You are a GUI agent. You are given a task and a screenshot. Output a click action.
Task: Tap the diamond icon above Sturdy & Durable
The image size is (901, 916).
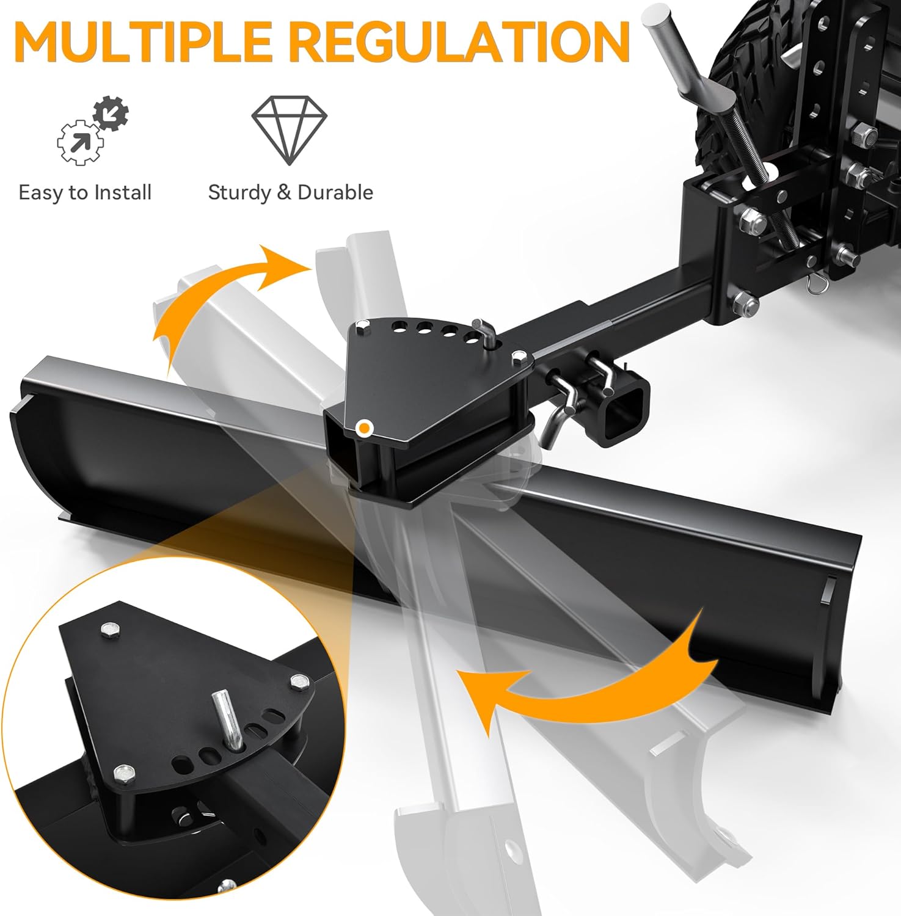[x=290, y=129]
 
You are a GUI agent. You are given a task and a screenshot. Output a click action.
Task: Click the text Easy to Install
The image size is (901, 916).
[x=85, y=193]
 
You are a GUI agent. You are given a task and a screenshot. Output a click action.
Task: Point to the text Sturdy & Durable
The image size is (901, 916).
[x=290, y=193]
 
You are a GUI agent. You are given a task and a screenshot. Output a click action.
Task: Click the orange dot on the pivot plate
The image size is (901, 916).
[x=364, y=428]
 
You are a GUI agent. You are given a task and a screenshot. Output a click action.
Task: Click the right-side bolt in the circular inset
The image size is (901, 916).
[x=299, y=680]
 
